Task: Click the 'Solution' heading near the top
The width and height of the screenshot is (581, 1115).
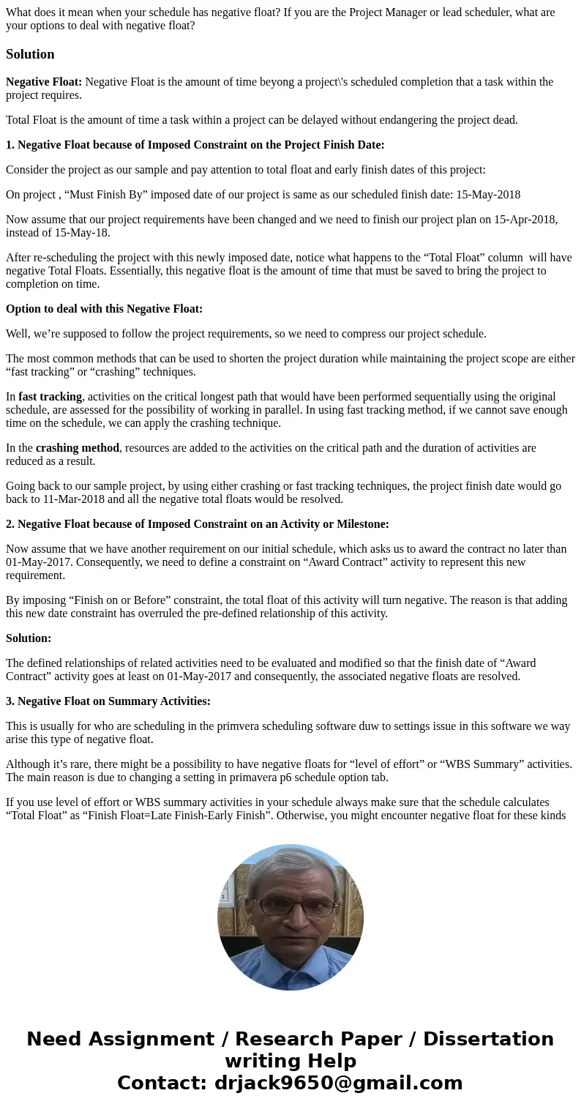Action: click(30, 54)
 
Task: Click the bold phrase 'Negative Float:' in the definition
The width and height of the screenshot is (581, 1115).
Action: click(44, 82)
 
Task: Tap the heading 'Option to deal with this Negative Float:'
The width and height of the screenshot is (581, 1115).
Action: click(104, 309)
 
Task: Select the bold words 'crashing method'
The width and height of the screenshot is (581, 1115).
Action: click(77, 448)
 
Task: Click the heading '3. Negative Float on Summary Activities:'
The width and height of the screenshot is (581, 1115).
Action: click(108, 701)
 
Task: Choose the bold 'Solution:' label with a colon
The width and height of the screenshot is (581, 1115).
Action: click(29, 638)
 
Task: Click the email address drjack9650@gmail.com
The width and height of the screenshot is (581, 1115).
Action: click(338, 1083)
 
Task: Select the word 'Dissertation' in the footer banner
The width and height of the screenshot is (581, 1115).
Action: click(488, 1039)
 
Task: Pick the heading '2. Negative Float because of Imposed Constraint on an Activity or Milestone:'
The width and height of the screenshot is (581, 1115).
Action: click(198, 524)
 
